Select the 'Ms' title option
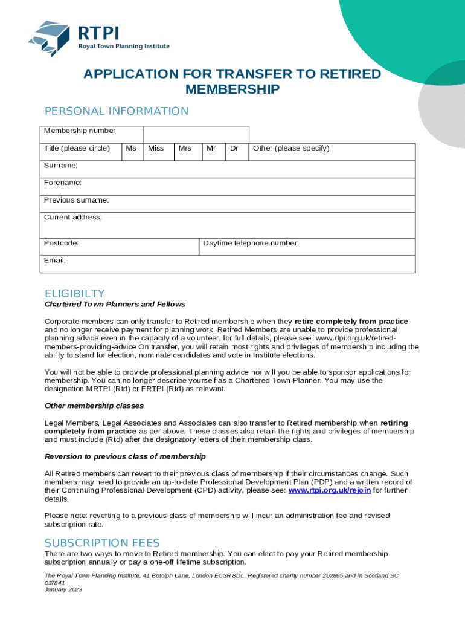(130, 149)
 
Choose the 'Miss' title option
(156, 149)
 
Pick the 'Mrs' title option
(185, 149)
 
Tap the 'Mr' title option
(211, 149)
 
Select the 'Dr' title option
(234, 149)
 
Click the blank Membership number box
(196, 134)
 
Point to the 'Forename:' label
(63, 183)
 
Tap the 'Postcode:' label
(61, 244)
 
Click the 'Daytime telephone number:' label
(251, 244)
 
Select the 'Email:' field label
(55, 261)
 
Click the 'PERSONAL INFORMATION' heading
(117, 111)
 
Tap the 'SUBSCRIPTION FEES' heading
(102, 543)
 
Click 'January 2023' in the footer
(63, 589)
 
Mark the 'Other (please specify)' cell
(291, 149)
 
